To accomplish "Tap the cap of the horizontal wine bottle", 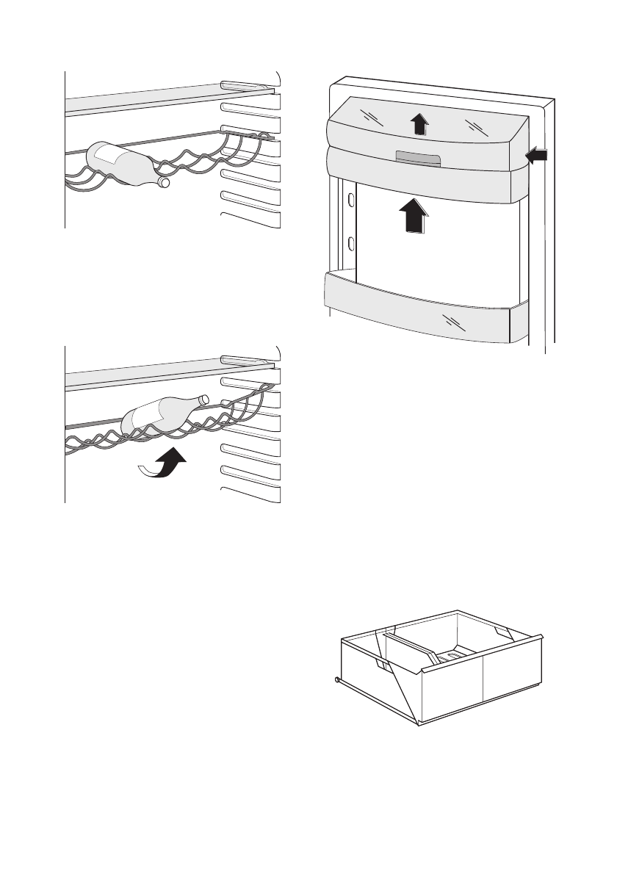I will [x=164, y=181].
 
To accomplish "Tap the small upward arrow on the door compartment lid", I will [x=419, y=124].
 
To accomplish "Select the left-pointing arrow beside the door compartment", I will [x=537, y=155].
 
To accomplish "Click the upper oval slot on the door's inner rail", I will [x=352, y=200].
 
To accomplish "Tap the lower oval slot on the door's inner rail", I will [x=352, y=243].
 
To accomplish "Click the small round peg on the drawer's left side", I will [x=336, y=679].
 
